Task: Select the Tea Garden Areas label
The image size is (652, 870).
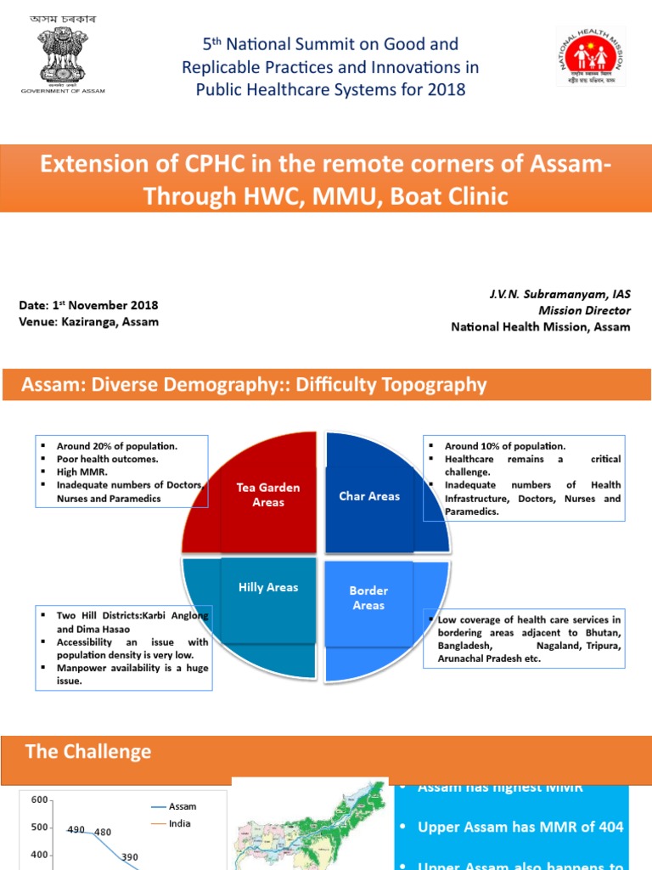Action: click(268, 494)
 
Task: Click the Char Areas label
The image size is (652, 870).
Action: click(369, 496)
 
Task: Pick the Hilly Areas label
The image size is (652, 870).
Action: click(268, 587)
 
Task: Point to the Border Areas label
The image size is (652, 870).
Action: click(368, 597)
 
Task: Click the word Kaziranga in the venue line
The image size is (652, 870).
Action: click(87, 321)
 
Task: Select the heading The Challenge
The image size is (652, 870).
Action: click(88, 751)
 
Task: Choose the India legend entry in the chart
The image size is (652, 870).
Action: click(180, 823)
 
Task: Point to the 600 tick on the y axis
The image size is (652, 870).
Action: click(39, 799)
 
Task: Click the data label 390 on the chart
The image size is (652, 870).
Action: click(129, 857)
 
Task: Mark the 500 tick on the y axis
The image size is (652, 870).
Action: click(39, 828)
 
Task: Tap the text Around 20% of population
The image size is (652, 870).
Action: click(118, 445)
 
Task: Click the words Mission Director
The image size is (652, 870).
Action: click(589, 310)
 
